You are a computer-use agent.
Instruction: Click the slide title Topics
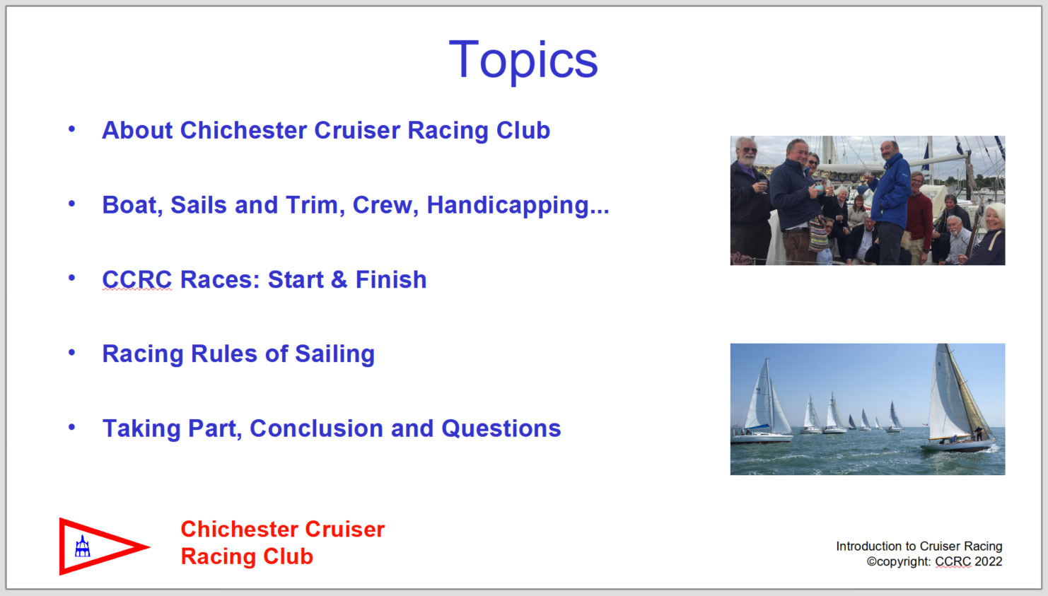[523, 61]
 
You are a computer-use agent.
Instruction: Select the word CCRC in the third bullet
[137, 280]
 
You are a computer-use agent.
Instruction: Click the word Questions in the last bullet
[501, 428]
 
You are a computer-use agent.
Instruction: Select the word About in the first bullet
[137, 130]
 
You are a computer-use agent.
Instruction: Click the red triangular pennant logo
[104, 547]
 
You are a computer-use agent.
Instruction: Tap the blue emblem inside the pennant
[82, 547]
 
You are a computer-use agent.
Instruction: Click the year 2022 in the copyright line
[989, 561]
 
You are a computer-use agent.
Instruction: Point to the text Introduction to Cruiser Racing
[919, 546]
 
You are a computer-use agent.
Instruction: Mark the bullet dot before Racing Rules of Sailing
[71, 352]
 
